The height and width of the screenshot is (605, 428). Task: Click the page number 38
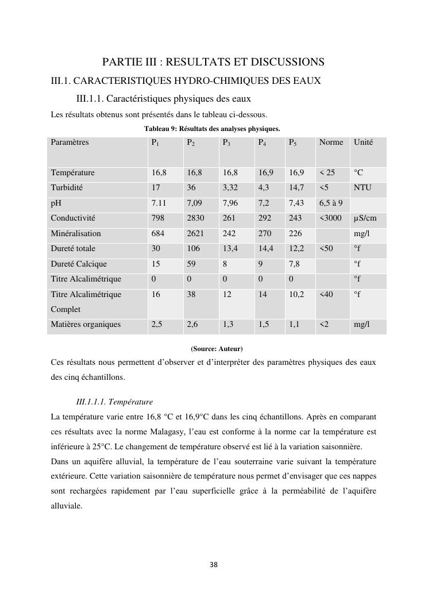coord(214,565)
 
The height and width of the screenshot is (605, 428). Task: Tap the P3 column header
coord(227,142)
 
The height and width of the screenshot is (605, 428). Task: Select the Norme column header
coord(331,142)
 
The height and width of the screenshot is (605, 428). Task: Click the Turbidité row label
coord(67,187)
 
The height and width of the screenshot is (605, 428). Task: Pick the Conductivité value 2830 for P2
coord(195,218)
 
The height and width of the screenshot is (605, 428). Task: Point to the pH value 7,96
coord(230,203)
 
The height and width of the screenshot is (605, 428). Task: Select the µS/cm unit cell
coord(365,218)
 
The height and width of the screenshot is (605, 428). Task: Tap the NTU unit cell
coord(363,187)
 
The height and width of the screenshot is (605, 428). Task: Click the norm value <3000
coord(331,218)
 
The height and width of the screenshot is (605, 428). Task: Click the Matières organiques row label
coord(86,325)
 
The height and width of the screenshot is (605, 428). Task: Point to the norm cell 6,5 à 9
coord(331,203)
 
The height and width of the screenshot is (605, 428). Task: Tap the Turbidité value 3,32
coord(230,187)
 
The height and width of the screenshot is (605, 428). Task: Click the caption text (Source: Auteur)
coord(217,349)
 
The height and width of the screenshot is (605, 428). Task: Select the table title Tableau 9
coord(212,129)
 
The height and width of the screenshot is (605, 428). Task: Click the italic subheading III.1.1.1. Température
coord(114,402)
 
